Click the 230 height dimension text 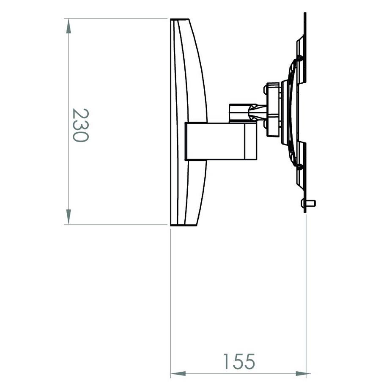79,125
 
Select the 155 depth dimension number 239,361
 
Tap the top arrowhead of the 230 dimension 68,25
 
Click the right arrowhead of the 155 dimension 302,374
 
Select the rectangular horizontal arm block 216,141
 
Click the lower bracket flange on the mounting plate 301,165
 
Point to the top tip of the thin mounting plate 305,15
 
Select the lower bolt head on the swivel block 265,125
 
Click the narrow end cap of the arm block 251,141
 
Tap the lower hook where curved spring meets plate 299,166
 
